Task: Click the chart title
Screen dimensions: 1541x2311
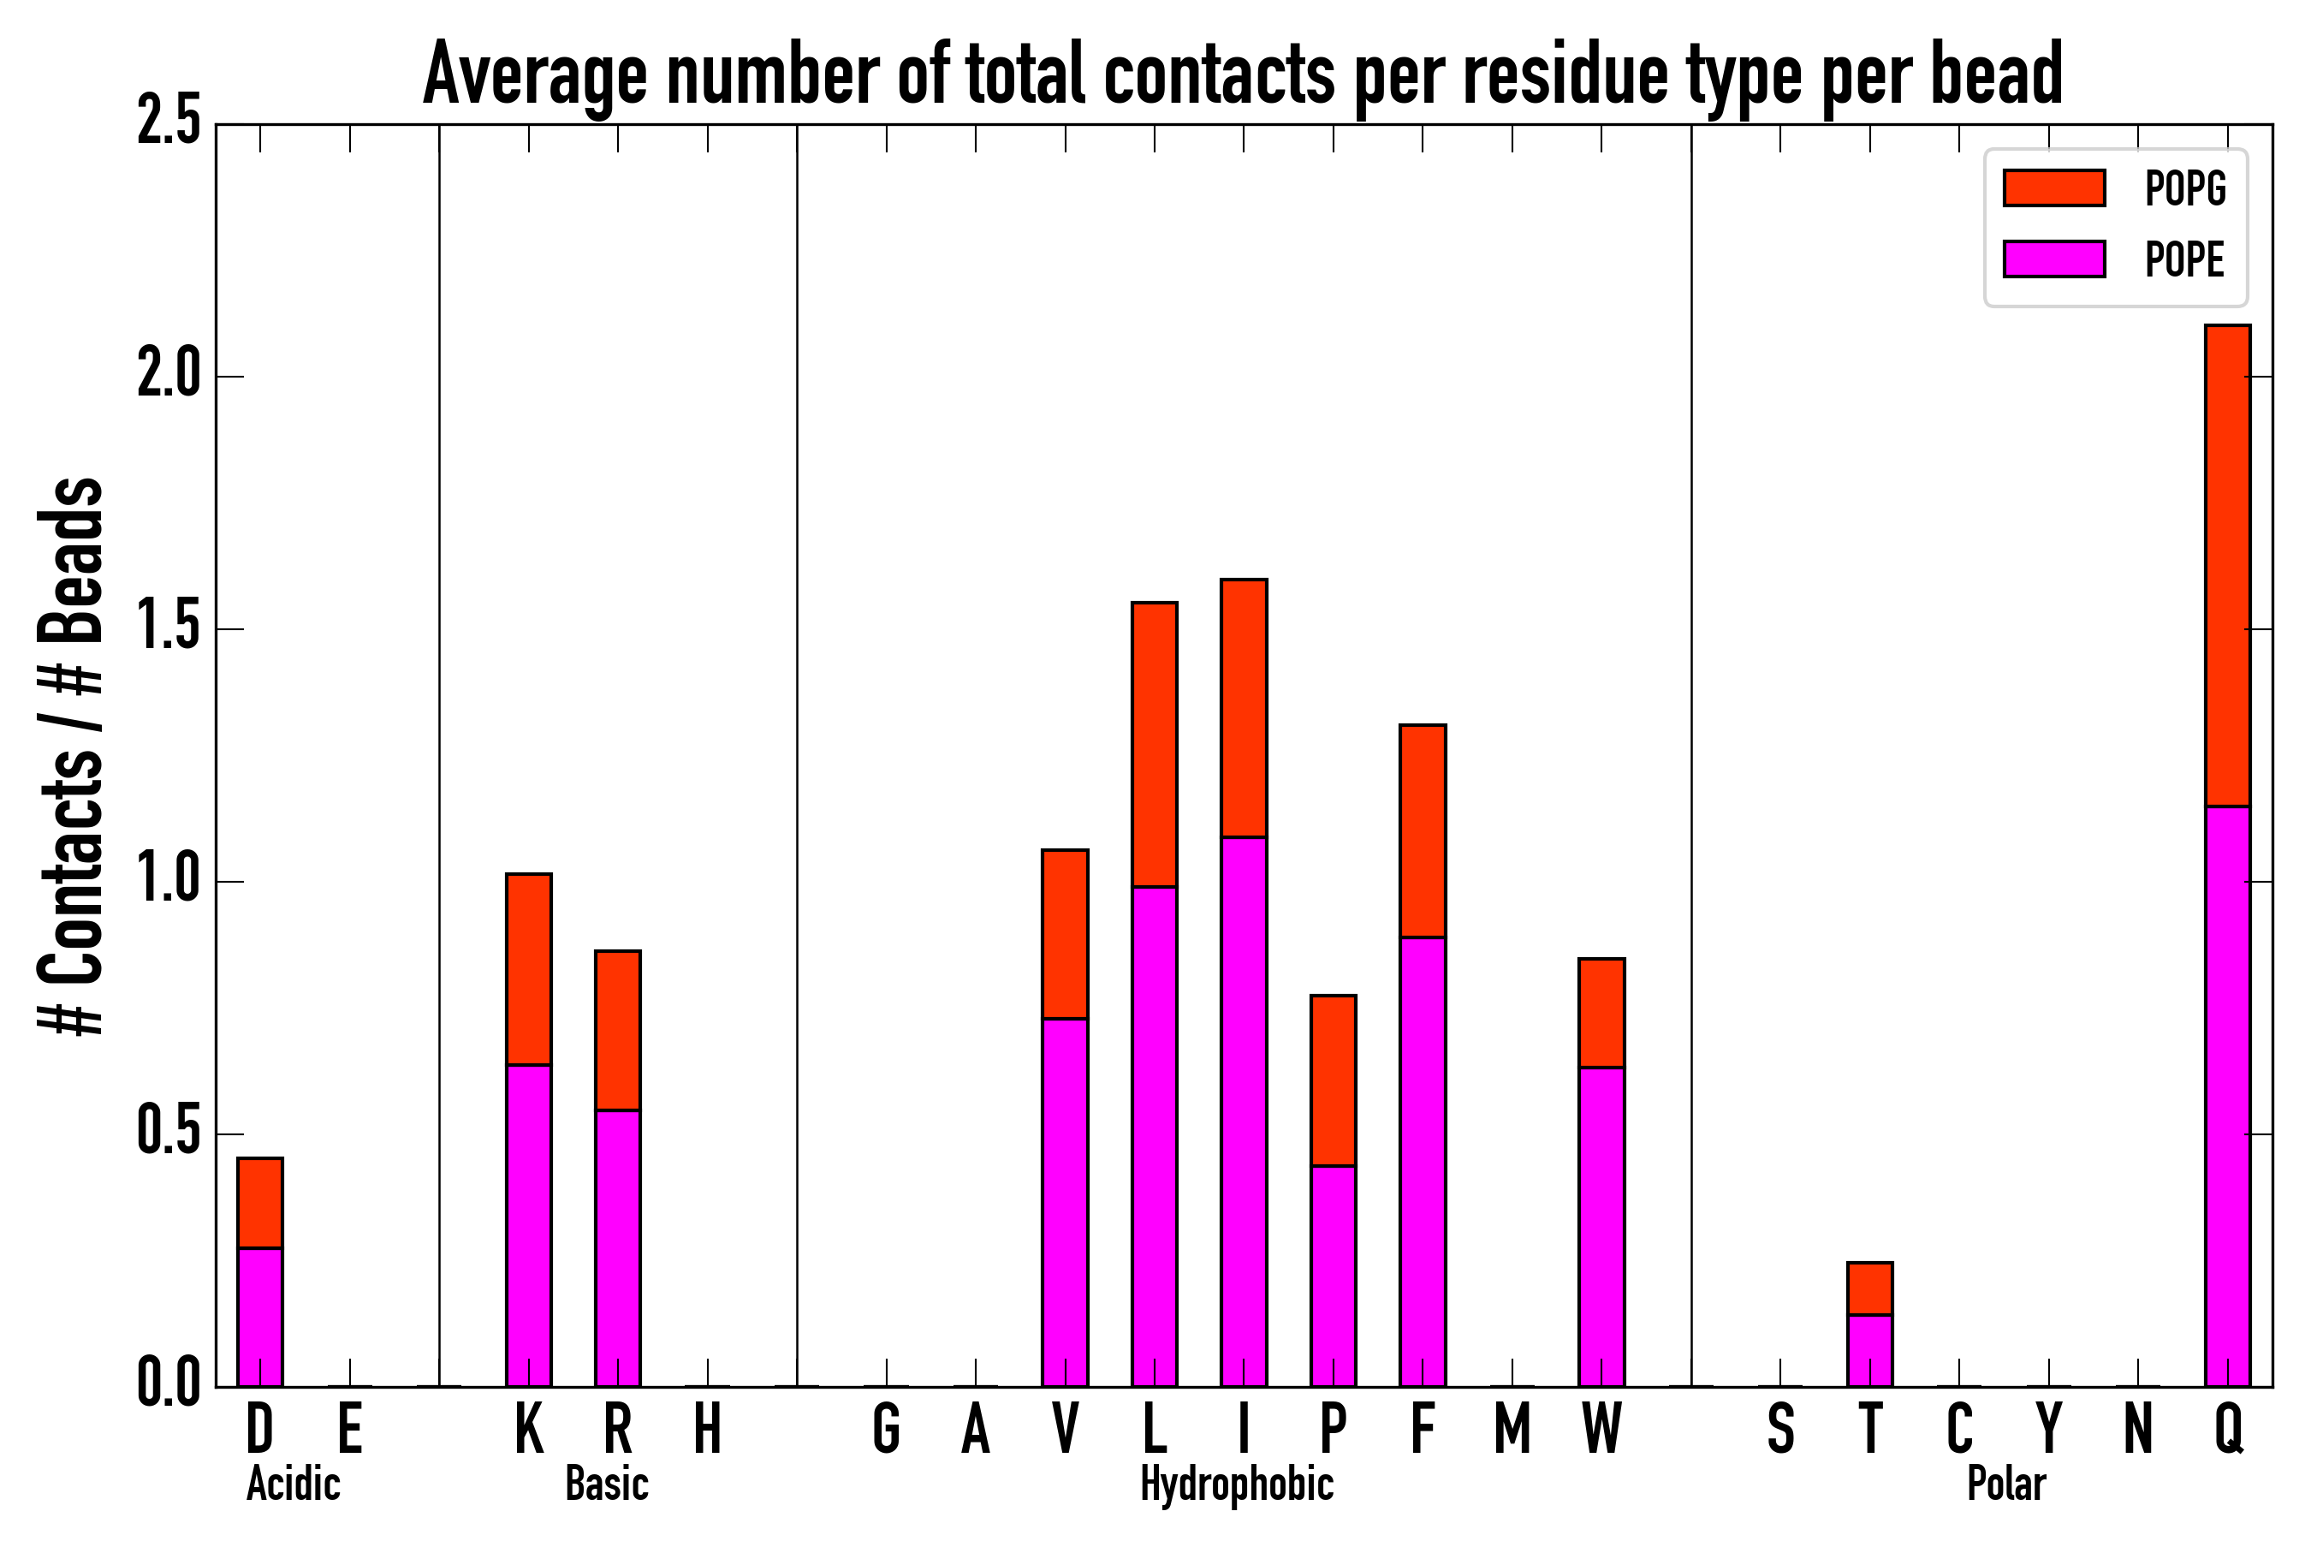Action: click(1242, 74)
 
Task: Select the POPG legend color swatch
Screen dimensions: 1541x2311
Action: click(2053, 187)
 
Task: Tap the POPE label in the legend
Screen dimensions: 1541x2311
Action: click(2184, 259)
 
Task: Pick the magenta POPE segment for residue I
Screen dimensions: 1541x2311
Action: click(1243, 1110)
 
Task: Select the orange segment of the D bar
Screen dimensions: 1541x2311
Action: click(259, 1203)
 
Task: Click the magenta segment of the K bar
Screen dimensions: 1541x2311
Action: click(529, 1224)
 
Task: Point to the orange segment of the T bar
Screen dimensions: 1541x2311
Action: click(1870, 1288)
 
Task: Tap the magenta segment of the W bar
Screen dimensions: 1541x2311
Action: click(1601, 1227)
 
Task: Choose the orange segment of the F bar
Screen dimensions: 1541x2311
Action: click(1423, 830)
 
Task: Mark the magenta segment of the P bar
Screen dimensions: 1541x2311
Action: click(1334, 1276)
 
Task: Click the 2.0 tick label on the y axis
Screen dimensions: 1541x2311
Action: click(169, 376)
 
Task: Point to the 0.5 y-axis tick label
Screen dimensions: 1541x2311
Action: click(169, 1133)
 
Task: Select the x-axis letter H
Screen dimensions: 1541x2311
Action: click(708, 1428)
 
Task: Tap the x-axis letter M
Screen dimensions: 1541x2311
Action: click(1512, 1428)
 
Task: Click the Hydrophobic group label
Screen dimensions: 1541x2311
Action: click(1236, 1484)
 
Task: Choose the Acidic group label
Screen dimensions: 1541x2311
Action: click(293, 1484)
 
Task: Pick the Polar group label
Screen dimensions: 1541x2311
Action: click(2005, 1484)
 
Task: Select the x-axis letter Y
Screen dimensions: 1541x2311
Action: click(2048, 1428)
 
